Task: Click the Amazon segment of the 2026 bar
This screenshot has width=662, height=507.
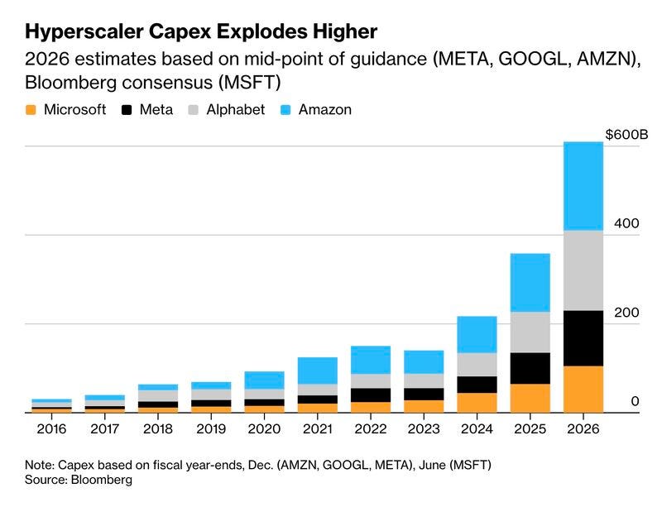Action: tap(583, 186)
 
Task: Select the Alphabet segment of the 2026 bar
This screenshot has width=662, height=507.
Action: tap(583, 270)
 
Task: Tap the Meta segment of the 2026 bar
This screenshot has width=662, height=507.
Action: tap(583, 338)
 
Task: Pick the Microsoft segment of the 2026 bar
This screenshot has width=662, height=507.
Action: tap(583, 389)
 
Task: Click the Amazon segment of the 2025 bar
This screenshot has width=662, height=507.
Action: tap(530, 282)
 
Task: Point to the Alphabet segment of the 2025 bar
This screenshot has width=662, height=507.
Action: tap(530, 332)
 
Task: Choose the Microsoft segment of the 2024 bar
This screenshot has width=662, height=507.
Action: tap(477, 402)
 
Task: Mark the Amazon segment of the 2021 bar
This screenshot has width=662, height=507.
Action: tap(318, 371)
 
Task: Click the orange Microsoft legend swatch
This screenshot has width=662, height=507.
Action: tap(31, 109)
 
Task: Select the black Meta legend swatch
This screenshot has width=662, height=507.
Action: tap(127, 109)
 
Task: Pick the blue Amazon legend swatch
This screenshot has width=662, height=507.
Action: tap(282, 109)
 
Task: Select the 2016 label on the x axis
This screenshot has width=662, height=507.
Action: tap(52, 430)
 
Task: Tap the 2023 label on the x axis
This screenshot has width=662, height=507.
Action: tap(424, 430)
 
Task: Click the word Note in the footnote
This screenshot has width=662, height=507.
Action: tap(40, 464)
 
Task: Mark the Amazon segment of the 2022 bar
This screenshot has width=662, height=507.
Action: tap(371, 360)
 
